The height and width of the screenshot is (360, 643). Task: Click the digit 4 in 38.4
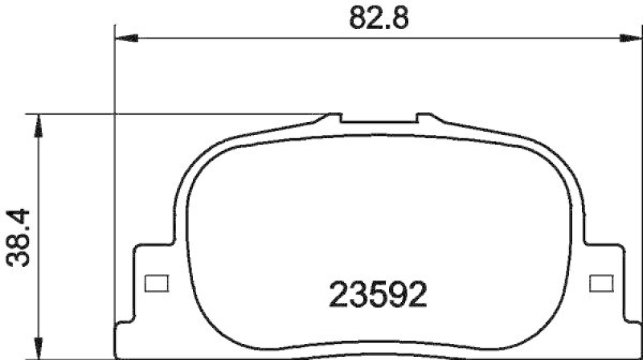click(x=18, y=217)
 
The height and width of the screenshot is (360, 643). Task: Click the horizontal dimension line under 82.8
click(x=241, y=37)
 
